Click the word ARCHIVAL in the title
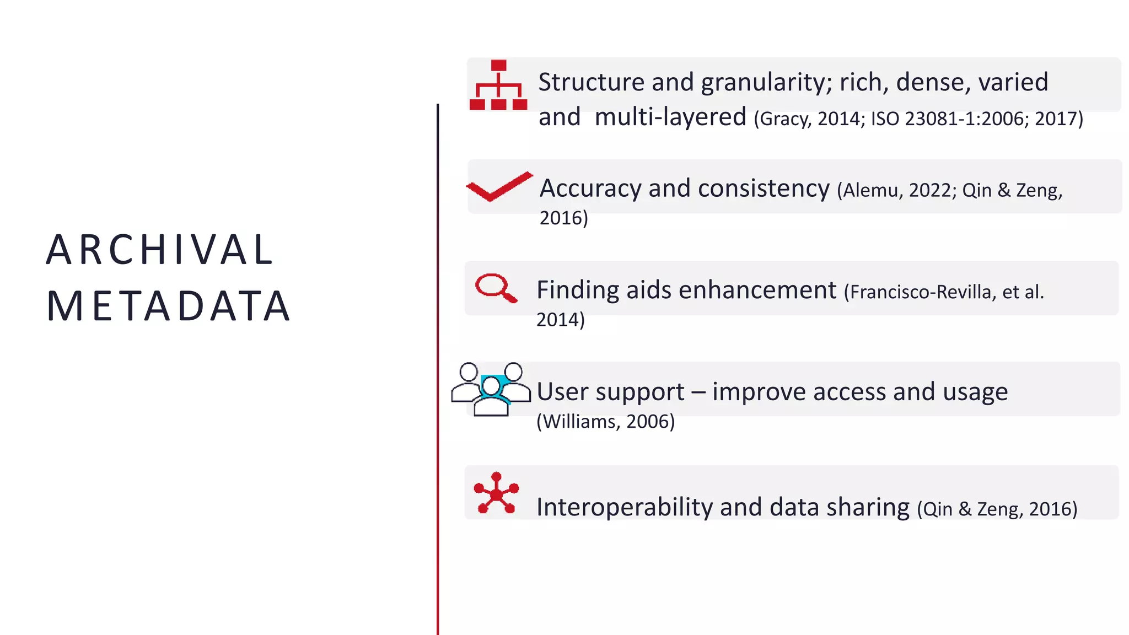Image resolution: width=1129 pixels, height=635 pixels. pyautogui.click(x=160, y=250)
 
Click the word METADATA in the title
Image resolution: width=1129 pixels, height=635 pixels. pyautogui.click(x=168, y=306)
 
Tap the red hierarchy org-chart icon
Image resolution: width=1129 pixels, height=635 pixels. pyautogui.click(x=498, y=85)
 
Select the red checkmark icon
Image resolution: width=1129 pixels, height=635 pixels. pyautogui.click(x=499, y=186)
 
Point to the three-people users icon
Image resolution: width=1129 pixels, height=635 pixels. pyautogui.click(x=491, y=389)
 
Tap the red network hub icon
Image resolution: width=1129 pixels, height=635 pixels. pyautogui.click(x=496, y=493)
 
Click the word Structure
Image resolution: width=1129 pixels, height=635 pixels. pyautogui.click(x=591, y=83)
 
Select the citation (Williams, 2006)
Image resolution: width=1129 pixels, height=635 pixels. pyautogui.click(x=605, y=422)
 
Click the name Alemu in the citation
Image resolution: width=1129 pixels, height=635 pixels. pyautogui.click(x=870, y=190)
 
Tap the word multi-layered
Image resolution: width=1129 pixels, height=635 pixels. pyautogui.click(x=670, y=117)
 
